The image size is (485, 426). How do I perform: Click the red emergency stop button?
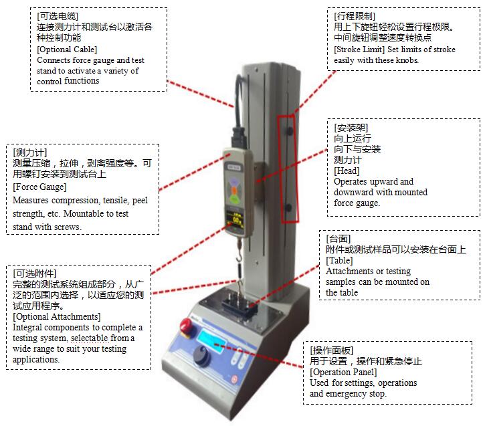pyautogui.click(x=187, y=326)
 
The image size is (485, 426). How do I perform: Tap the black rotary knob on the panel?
pyautogui.click(x=201, y=355)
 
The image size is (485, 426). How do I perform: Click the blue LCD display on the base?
pyautogui.click(x=211, y=341)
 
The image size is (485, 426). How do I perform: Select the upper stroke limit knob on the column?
pyautogui.click(x=290, y=130)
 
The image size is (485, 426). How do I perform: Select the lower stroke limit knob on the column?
pyautogui.click(x=289, y=208)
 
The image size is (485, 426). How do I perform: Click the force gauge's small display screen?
pyautogui.click(x=235, y=220)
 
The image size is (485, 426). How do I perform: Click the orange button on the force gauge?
pyautogui.click(x=234, y=191)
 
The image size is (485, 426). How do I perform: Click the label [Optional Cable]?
pyautogui.click(x=67, y=49)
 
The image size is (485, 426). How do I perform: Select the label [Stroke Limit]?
pyautogui.click(x=359, y=49)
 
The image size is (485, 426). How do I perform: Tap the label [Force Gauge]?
pyautogui.click(x=39, y=187)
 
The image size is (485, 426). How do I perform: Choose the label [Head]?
pyautogui.click(x=347, y=171)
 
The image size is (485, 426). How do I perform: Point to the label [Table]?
pyautogui.click(x=339, y=260)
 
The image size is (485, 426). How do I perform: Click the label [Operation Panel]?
pyautogui.click(x=343, y=372)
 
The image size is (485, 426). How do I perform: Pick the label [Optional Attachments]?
pyautogui.click(x=57, y=316)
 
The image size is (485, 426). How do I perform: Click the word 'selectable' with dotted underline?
pyautogui.click(x=90, y=338)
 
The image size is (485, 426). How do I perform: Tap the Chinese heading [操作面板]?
pyautogui.click(x=331, y=350)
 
